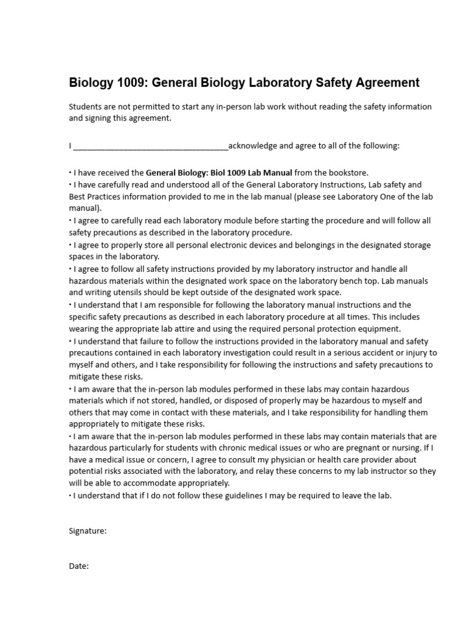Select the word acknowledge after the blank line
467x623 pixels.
(x=252, y=146)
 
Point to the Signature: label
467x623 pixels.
(x=88, y=531)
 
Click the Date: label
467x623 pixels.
(x=79, y=566)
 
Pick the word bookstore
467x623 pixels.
(x=345, y=173)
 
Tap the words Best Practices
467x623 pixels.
(x=92, y=197)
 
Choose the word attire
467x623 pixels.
(x=167, y=329)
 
